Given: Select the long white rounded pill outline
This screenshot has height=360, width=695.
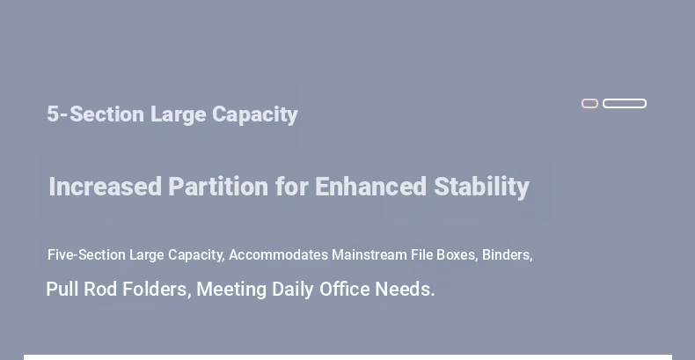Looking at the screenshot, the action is point(625,99).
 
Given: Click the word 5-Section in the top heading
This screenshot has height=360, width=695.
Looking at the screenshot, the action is point(95,114).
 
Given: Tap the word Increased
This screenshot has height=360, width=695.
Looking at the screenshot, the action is point(106,187).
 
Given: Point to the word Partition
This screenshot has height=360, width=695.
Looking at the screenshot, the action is point(218,187).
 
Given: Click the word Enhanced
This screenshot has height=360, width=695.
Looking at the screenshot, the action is point(370,187).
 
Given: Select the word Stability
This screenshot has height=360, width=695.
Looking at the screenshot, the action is point(481,187).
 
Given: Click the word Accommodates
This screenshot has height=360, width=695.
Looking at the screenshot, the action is point(278,255).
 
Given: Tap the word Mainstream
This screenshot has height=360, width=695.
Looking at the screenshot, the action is point(369,255).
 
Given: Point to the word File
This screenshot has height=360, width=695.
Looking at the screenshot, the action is point(422,255).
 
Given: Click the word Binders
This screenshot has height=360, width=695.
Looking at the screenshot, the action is point(507,255).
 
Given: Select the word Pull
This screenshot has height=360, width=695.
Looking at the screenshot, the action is point(63,289).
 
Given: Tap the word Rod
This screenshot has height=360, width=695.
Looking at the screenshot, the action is point(100,289).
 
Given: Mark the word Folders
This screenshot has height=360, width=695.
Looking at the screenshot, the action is point(157,290).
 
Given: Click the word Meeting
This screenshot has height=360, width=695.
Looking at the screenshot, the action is point(231,290).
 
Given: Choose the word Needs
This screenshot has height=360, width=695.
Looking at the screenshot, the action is point(405,289).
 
